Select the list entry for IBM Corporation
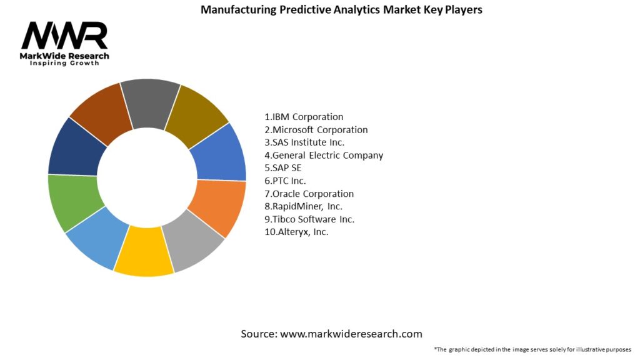304,117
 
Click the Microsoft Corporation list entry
316,130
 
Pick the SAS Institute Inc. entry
304,142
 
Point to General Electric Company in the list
324,155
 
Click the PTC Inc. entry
286,181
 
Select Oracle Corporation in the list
309,194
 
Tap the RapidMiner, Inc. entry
304,206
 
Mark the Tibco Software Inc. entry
309,219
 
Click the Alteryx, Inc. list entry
296,232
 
